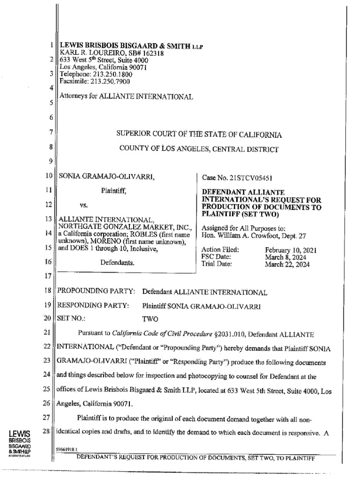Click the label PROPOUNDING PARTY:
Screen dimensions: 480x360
(x=96, y=292)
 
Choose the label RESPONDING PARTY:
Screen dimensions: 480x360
(x=93, y=306)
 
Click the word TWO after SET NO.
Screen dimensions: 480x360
(x=150, y=319)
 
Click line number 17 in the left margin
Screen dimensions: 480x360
(x=46, y=276)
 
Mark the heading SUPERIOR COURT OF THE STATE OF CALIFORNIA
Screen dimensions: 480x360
(x=199, y=135)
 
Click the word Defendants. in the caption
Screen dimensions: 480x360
(x=117, y=263)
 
